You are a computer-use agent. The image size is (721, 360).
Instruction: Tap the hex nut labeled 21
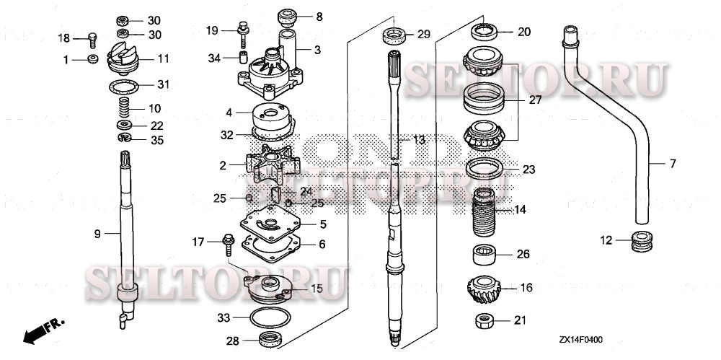coord(485,320)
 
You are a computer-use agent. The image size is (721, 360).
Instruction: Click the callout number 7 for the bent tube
coord(672,164)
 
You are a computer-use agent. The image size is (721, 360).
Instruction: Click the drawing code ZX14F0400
coord(581,338)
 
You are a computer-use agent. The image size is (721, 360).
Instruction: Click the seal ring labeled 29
coord(394,35)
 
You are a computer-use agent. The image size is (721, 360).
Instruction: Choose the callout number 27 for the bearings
coord(534,101)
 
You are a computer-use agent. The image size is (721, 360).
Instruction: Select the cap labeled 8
coord(288,16)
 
